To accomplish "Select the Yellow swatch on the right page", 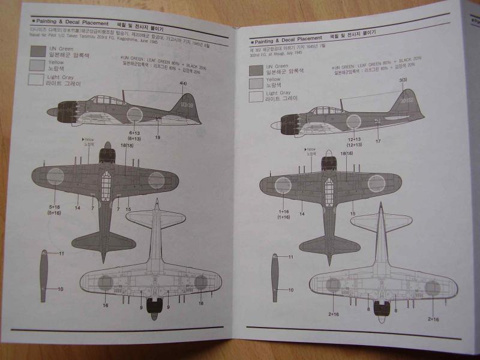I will (256, 83).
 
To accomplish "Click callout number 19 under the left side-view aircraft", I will (157, 137).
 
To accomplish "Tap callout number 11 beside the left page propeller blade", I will (61, 253).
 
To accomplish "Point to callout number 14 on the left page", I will (77, 208).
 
